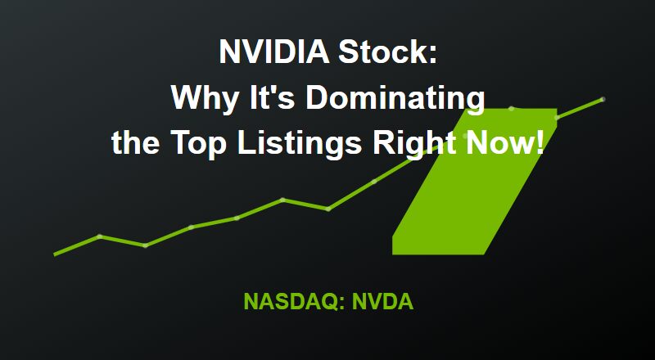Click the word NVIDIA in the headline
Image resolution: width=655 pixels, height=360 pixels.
point(275,52)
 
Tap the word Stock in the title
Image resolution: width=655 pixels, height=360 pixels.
point(387,52)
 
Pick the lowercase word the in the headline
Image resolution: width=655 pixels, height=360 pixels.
point(135,143)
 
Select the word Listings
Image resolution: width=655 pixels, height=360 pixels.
point(300,144)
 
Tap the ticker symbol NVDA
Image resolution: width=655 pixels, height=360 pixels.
point(382,301)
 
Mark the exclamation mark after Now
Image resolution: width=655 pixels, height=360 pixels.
point(540,142)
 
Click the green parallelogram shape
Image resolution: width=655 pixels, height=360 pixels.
point(475,182)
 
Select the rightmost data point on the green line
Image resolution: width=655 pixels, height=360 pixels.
point(603,99)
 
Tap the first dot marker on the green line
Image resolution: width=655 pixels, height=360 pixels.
point(99,236)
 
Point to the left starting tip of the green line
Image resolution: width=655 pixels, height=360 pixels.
point(55,254)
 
